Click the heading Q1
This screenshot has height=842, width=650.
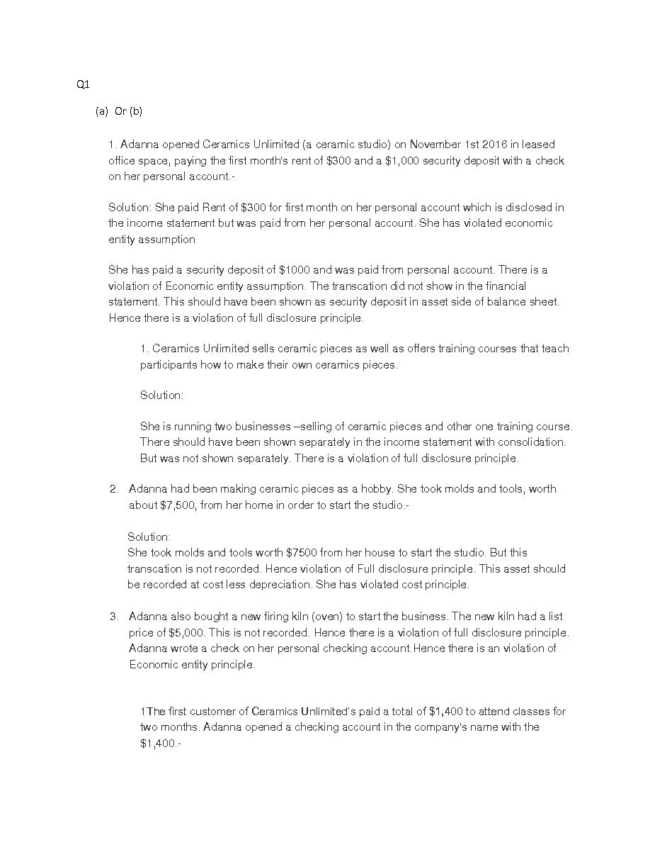coord(83,85)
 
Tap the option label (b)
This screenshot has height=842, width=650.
coord(135,111)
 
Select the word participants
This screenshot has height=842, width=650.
coord(171,365)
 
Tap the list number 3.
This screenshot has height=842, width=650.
coord(114,617)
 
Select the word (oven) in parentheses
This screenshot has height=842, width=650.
coord(327,617)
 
